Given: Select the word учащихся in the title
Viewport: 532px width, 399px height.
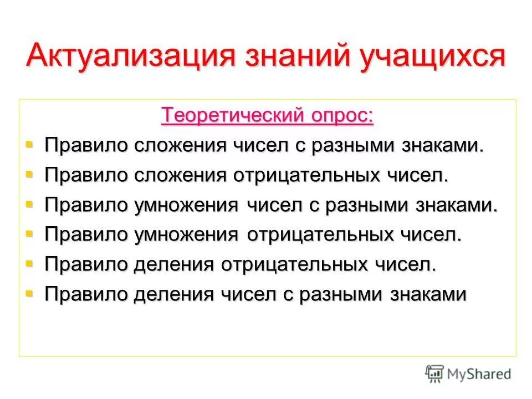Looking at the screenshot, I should [432, 57].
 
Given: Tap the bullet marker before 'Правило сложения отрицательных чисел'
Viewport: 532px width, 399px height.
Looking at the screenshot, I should [29, 175].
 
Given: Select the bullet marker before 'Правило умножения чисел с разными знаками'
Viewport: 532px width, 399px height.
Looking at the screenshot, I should [29, 204].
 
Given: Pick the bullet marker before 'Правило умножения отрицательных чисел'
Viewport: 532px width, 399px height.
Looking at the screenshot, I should [29, 234].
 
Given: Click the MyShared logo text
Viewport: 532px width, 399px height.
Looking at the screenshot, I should [480, 374].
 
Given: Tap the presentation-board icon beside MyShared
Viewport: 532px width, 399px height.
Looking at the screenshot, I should [435, 374].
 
